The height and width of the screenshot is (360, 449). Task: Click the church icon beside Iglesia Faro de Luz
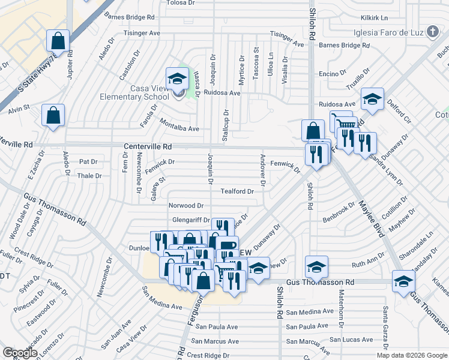coord(433,33)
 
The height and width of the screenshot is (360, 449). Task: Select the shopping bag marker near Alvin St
coord(53,115)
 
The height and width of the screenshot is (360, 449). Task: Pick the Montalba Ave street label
coord(179,128)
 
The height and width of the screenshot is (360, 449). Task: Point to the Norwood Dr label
coord(185,206)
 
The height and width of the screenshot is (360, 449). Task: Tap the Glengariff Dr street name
coord(190,220)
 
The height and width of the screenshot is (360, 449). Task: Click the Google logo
coord(20,353)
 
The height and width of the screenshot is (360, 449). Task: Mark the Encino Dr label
coord(330,73)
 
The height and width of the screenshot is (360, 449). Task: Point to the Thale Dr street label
coord(89,176)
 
